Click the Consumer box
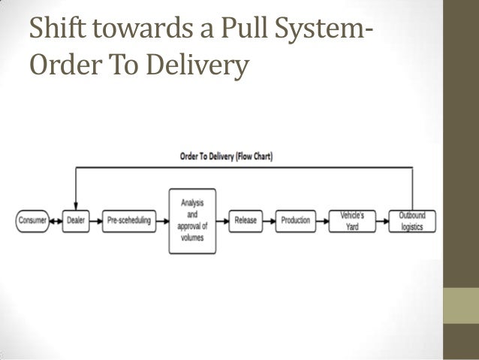(x=32, y=221)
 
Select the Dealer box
(x=75, y=221)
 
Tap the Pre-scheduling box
(x=127, y=221)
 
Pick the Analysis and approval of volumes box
(x=193, y=220)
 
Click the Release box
(x=246, y=221)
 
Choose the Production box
(x=296, y=221)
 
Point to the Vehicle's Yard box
(x=351, y=221)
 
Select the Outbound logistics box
(x=411, y=221)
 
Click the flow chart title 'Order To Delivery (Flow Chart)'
(x=226, y=157)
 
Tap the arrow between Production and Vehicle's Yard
(x=323, y=221)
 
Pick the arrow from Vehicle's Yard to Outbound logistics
(x=381, y=221)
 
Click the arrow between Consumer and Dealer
(x=56, y=221)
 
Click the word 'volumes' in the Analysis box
(x=193, y=238)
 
